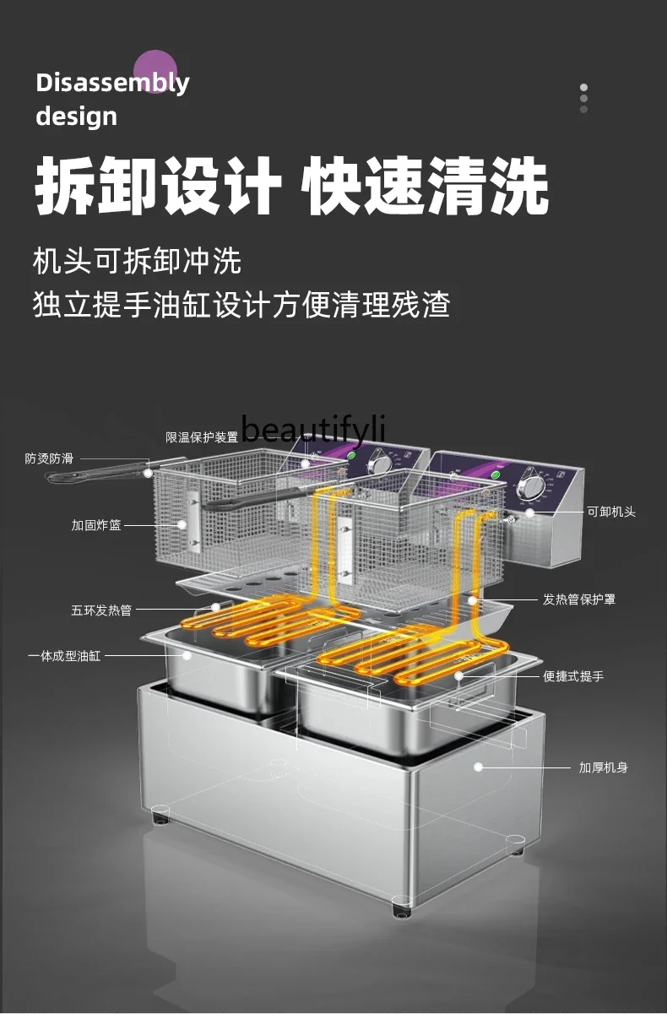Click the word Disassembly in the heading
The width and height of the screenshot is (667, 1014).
click(x=112, y=83)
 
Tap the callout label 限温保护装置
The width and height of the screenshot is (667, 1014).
click(x=202, y=437)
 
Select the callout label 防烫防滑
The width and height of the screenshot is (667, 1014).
click(x=49, y=458)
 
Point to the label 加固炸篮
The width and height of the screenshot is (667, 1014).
click(x=96, y=525)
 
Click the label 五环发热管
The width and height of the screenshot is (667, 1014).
click(x=101, y=609)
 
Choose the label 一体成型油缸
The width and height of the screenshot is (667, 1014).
click(x=64, y=655)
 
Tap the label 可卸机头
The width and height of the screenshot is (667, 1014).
click(x=611, y=512)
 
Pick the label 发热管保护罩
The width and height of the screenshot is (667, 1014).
click(x=579, y=599)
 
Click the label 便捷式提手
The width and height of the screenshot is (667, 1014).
click(x=573, y=676)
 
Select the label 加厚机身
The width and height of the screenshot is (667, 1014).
click(x=603, y=767)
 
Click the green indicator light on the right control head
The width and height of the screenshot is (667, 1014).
click(x=495, y=474)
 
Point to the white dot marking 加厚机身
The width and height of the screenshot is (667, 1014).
click(x=478, y=767)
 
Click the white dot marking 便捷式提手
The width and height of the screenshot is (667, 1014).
click(x=460, y=675)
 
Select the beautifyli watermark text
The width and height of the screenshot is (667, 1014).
click(x=313, y=431)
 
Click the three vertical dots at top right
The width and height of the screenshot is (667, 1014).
click(x=583, y=98)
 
